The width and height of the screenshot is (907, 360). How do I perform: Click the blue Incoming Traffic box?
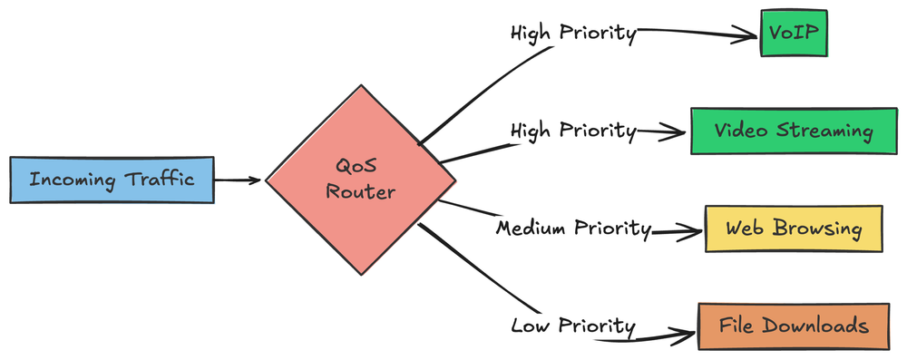(x=112, y=180)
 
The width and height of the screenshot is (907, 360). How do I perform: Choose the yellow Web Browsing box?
(x=793, y=229)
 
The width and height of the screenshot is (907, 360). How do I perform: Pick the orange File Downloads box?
(x=794, y=326)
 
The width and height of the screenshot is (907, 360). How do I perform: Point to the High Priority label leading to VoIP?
(x=572, y=34)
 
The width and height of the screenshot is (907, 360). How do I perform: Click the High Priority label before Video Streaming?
(x=572, y=131)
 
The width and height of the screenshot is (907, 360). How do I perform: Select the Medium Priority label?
(x=573, y=228)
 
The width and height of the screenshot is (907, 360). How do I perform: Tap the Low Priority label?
(x=572, y=326)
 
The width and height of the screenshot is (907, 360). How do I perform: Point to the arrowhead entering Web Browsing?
(x=693, y=231)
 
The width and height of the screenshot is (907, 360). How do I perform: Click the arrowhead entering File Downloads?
(x=686, y=332)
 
